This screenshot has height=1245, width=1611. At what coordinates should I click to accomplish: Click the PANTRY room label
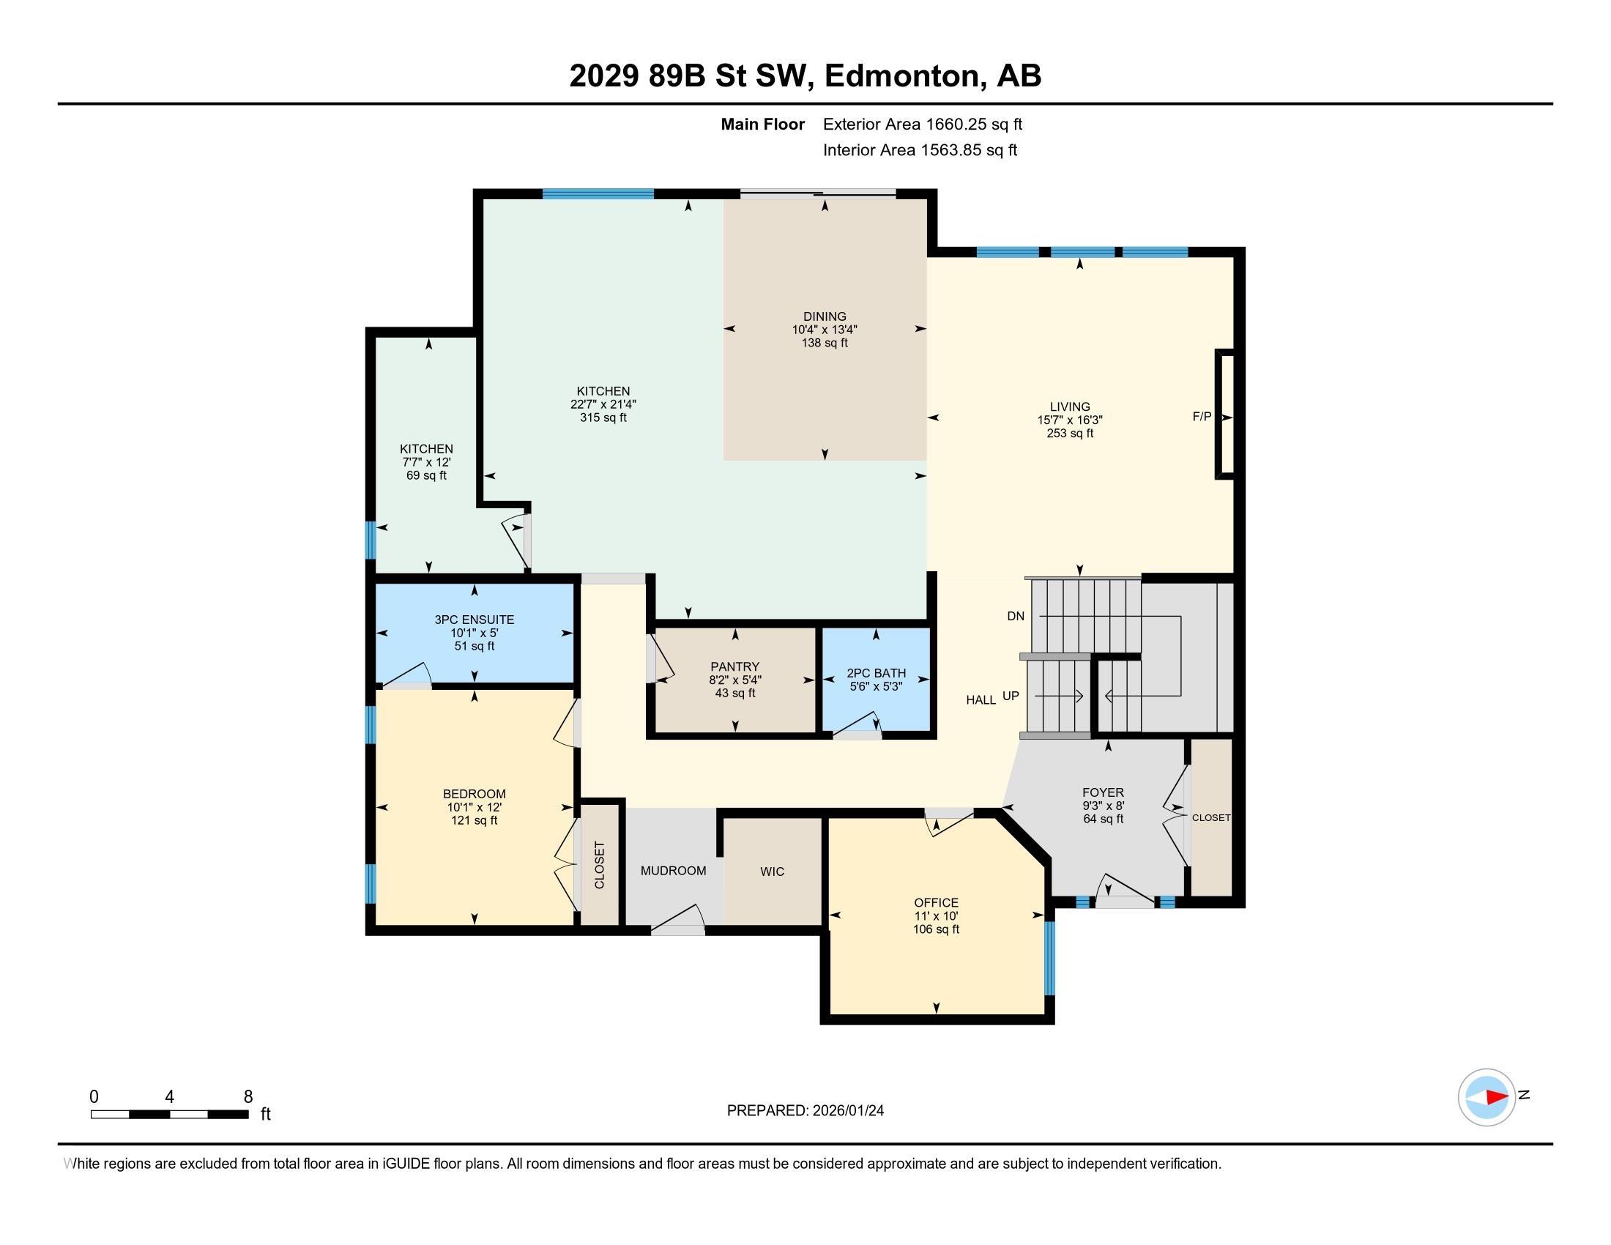pos(734,666)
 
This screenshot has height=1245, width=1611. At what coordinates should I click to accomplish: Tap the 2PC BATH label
pos(877,673)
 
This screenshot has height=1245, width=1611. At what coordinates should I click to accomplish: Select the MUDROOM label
pos(674,871)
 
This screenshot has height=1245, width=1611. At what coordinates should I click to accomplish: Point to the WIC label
pos(773,871)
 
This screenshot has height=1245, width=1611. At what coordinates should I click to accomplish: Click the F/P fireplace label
pos(1202,417)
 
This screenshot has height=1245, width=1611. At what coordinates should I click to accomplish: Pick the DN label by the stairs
pos(1016,616)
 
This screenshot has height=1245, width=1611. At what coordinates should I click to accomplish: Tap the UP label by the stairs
pos(1011,696)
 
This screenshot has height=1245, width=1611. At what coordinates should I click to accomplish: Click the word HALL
pos(981,700)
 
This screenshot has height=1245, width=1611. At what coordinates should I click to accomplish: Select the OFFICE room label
pos(936,903)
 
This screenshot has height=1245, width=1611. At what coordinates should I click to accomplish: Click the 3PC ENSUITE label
pos(475,620)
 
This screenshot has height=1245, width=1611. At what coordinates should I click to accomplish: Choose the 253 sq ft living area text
pos(1070,434)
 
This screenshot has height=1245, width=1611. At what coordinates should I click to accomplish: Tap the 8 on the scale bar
pos(248,1097)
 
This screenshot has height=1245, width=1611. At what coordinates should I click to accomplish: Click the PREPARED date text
pos(805,1111)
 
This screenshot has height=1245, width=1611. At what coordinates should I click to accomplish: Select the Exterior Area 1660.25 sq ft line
pos(923,124)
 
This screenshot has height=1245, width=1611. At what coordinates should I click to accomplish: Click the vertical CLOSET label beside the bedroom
pos(599,865)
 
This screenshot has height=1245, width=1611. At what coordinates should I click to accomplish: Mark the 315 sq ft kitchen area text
pos(603,417)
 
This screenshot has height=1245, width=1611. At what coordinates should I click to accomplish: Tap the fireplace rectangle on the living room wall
pos(1224,415)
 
